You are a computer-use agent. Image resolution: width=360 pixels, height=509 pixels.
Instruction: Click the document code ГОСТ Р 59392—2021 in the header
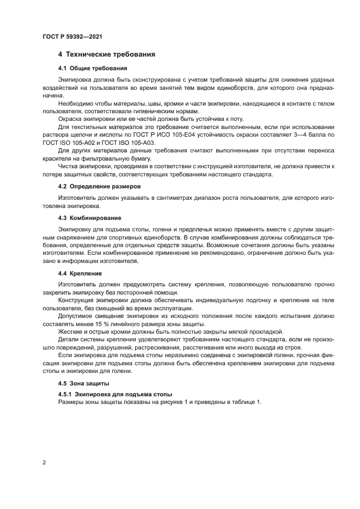pyautogui.click(x=72, y=36)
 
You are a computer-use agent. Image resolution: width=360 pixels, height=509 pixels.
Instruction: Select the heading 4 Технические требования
pyautogui.click(x=107, y=54)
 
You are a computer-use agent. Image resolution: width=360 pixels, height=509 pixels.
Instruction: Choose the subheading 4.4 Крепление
pyautogui.click(x=80, y=273)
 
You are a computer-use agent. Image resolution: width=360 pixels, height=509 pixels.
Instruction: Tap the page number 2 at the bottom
pyautogui.click(x=44, y=463)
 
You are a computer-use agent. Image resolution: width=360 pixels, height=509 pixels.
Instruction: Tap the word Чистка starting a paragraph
pyautogui.click(x=68, y=167)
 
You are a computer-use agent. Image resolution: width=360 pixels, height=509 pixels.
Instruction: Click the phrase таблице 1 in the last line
pyautogui.click(x=246, y=402)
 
